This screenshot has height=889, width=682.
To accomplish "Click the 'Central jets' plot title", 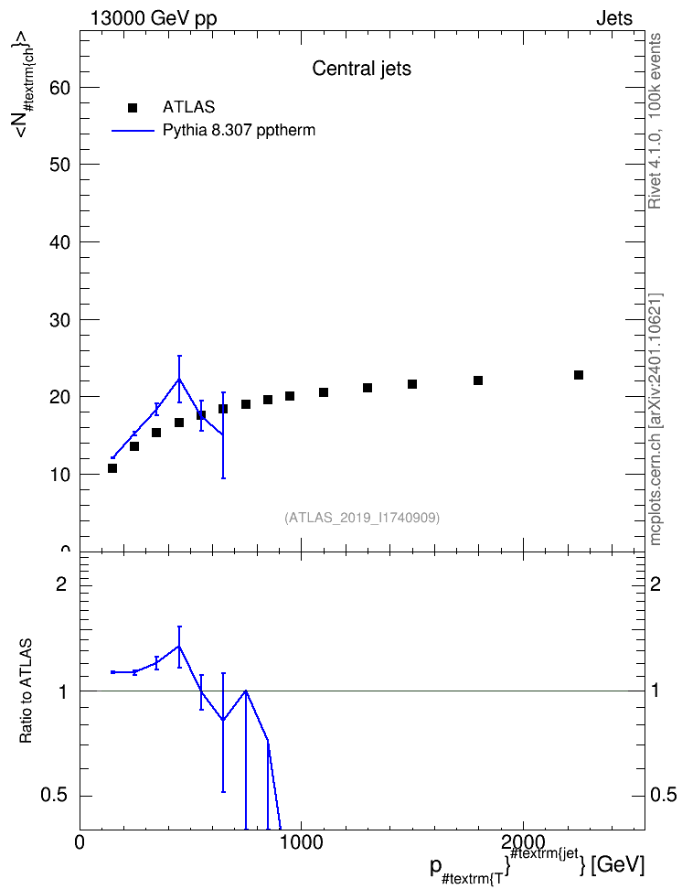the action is click(x=361, y=69).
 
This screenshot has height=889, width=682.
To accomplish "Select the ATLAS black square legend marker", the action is click(x=133, y=108).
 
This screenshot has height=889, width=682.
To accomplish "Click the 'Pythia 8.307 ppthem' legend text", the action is click(x=239, y=131).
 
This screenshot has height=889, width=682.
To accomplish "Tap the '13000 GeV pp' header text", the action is click(x=154, y=18).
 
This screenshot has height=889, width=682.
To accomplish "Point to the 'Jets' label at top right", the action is click(x=614, y=18).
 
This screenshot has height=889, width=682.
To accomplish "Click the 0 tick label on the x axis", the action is click(x=80, y=842).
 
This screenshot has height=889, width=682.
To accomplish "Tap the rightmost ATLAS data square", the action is click(x=579, y=375).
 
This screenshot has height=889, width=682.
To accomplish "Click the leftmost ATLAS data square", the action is click(x=112, y=468).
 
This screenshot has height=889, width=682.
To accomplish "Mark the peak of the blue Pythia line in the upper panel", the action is click(x=179, y=379).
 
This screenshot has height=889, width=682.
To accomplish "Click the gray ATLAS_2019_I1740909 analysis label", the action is click(x=362, y=518).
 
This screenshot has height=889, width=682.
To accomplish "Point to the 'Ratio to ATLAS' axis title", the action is click(x=27, y=691).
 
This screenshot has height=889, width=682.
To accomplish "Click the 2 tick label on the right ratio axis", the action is click(x=655, y=584).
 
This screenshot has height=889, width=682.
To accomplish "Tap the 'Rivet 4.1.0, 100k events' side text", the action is click(x=655, y=121).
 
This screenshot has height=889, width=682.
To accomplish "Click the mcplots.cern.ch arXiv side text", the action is click(x=655, y=420).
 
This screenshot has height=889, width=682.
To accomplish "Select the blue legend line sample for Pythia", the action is click(x=133, y=131).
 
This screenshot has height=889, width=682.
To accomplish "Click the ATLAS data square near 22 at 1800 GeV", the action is click(x=478, y=380).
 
